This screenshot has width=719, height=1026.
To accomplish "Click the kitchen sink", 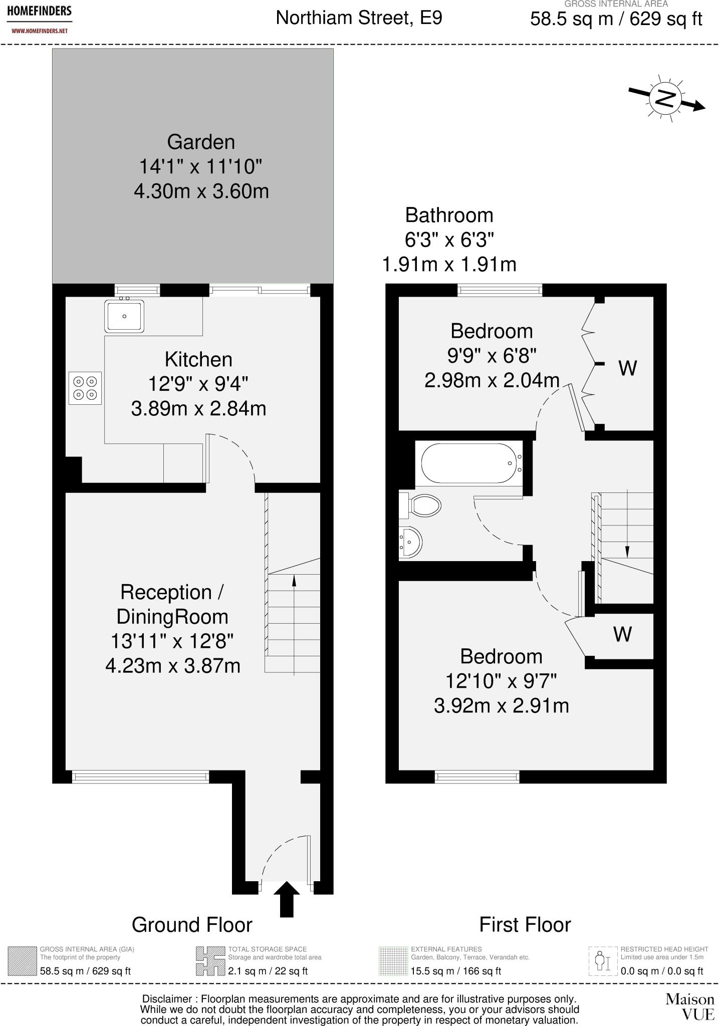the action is point(124,316).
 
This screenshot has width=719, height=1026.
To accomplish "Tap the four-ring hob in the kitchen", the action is point(85,388).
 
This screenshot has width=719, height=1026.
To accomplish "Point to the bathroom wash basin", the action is point(410,542).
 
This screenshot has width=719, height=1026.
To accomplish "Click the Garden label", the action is point(201,142).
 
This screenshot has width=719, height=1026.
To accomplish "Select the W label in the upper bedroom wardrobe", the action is point(628,368).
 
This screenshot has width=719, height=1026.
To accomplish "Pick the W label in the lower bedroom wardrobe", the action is point(623,634).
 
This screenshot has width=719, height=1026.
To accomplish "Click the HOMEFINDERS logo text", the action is point(39,11).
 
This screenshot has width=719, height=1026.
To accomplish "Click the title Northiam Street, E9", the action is point(359,18).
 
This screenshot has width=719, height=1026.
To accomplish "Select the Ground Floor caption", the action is point(192,925).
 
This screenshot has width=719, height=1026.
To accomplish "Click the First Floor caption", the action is point(525,925).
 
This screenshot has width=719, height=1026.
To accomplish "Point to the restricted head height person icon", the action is point(603,961).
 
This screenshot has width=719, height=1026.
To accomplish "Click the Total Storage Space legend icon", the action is point(210,961).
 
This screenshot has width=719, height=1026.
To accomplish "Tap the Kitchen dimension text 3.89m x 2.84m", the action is point(198,409).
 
